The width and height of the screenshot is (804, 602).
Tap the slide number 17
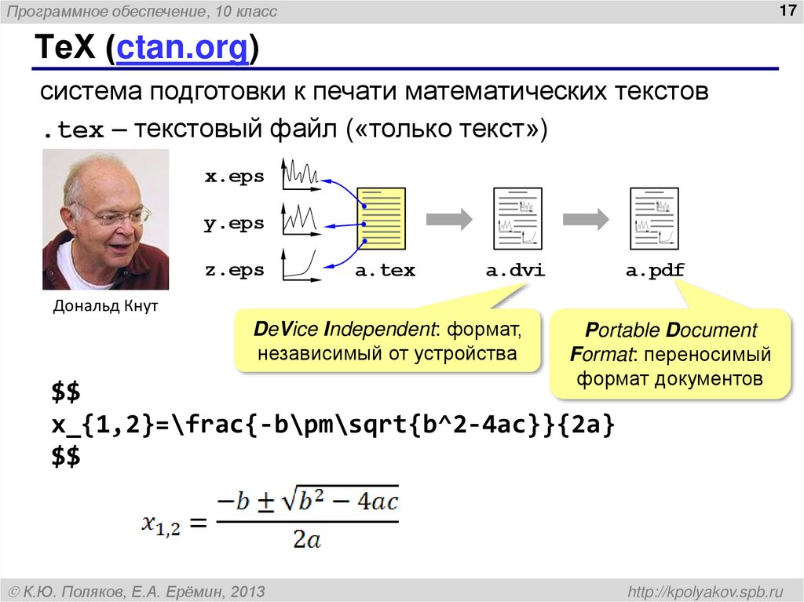pyautogui.click(x=785, y=11)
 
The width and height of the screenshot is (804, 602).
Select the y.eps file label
pyautogui.click(x=234, y=224)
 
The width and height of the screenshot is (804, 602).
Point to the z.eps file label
pyautogui.click(x=234, y=271)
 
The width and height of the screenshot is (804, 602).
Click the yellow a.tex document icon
pyautogui.click(x=382, y=218)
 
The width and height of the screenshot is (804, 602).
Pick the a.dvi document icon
pyautogui.click(x=515, y=218)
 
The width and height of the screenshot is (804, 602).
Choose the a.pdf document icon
pyautogui.click(x=654, y=218)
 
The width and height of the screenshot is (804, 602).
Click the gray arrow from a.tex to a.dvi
pyautogui.click(x=448, y=218)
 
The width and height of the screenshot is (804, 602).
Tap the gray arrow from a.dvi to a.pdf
pyautogui.click(x=586, y=218)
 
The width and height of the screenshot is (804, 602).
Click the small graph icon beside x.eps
pyautogui.click(x=301, y=175)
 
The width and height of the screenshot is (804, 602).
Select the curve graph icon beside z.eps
pyautogui.click(x=301, y=265)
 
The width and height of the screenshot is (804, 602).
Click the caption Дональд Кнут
pyautogui.click(x=105, y=306)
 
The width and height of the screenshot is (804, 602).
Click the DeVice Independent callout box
pyautogui.click(x=388, y=341)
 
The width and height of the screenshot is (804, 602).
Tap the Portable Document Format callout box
pyautogui.click(x=670, y=355)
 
